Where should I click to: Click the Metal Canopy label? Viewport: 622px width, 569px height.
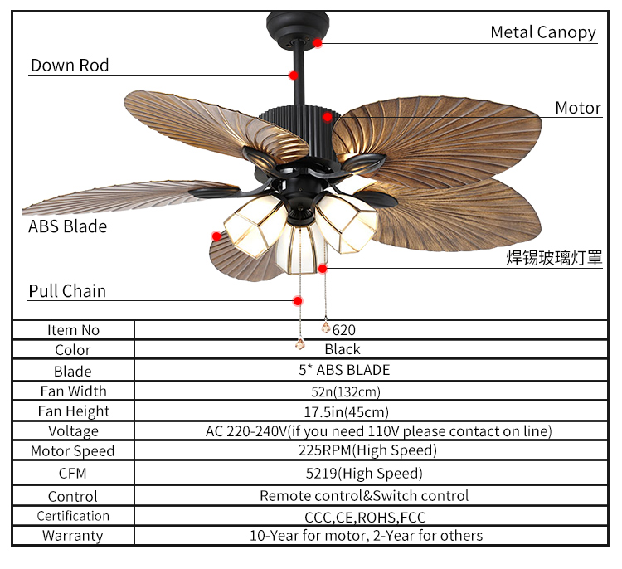tap(542, 32)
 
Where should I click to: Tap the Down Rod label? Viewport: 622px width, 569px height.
tap(70, 66)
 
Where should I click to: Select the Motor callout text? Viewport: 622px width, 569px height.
tap(578, 108)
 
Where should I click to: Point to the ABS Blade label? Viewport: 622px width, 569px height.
tap(67, 226)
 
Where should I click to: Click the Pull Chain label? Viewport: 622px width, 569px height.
tap(67, 291)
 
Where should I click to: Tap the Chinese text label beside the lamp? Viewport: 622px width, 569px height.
tap(554, 258)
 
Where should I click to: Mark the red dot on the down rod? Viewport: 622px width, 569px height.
tap(294, 75)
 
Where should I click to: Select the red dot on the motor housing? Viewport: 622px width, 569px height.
tap(328, 117)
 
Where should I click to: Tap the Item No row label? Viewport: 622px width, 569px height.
tap(73, 330)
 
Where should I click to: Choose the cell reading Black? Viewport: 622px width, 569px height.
tap(343, 349)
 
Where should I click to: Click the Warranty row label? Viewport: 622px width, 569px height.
tap(73, 536)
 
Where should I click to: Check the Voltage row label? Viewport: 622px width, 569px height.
tap(73, 431)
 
